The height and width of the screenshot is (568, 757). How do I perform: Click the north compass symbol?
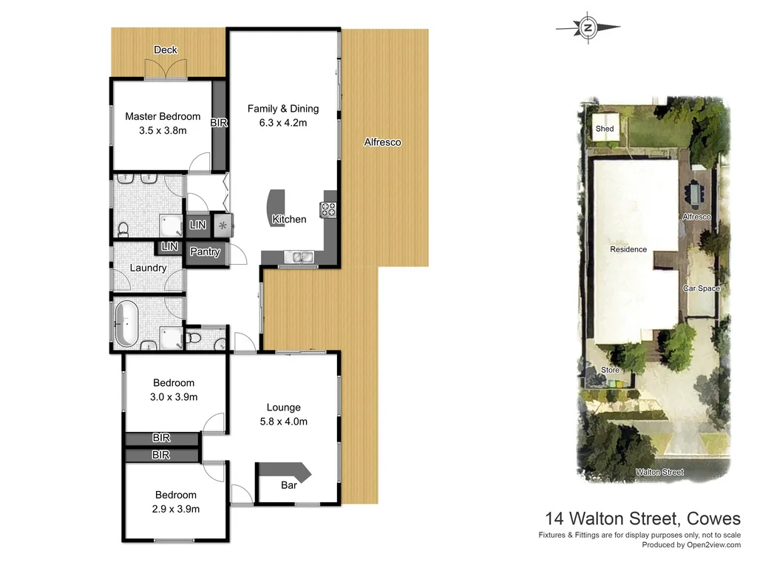coord(588,27)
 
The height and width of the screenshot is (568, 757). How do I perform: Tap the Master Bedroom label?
coord(163,116)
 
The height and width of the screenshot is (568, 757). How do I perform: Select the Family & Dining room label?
coord(283,109)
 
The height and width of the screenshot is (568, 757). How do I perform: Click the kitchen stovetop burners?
coord(327,210)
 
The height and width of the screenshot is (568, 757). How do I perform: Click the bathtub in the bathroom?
coord(127,323)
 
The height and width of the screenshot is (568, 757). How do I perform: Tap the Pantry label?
coord(205,251)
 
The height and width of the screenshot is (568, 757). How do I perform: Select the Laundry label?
coord(148,268)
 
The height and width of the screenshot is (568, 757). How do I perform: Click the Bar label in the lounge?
coord(289,486)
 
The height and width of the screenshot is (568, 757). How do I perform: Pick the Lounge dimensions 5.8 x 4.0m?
coord(283,422)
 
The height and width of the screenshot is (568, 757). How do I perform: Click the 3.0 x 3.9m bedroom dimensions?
coord(174,396)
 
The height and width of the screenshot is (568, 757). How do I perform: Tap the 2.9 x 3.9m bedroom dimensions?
coord(175,509)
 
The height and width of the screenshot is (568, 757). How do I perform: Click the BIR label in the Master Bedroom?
coord(219,123)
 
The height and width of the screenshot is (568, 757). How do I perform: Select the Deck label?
coord(166,50)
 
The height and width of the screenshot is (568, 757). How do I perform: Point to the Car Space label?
coord(701,288)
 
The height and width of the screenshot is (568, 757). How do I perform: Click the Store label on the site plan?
coord(610,369)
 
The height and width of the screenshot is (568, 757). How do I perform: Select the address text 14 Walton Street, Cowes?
coord(642,518)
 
